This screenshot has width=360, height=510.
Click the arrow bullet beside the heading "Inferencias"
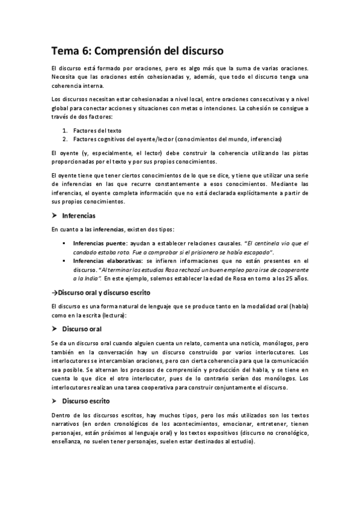pyautogui.click(x=54, y=215)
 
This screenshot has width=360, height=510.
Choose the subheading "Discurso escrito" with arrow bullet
pyautogui.click(x=86, y=401)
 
